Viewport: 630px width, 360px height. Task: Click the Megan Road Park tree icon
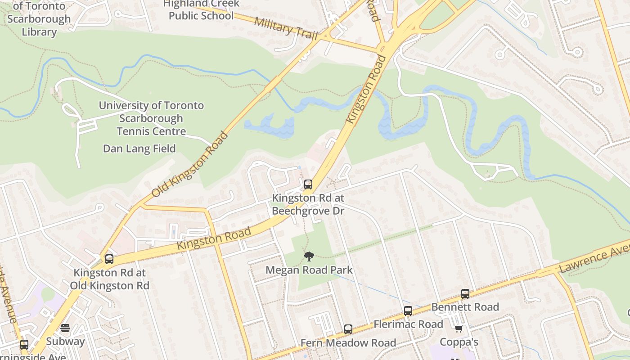309,256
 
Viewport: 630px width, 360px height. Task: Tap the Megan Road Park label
309,270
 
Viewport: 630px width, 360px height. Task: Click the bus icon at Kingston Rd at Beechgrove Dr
308,184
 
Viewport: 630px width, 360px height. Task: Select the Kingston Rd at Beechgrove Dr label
309,204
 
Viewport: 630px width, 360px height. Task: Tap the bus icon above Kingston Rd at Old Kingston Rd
109,259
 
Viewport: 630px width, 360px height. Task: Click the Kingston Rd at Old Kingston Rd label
109,279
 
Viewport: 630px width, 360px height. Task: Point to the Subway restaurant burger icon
65,328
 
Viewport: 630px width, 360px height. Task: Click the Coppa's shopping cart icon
459,328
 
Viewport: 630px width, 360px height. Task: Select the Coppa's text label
458,342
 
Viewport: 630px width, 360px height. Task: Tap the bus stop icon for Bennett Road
465,293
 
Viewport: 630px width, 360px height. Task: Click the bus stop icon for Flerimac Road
408,310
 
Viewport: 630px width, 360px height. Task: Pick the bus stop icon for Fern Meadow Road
348,329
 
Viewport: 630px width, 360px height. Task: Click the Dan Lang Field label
139,148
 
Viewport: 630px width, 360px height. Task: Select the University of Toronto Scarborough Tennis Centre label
151,118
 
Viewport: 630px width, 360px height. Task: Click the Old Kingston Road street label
189,165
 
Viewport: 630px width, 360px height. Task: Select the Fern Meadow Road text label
348,343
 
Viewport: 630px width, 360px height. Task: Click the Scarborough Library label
39,25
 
